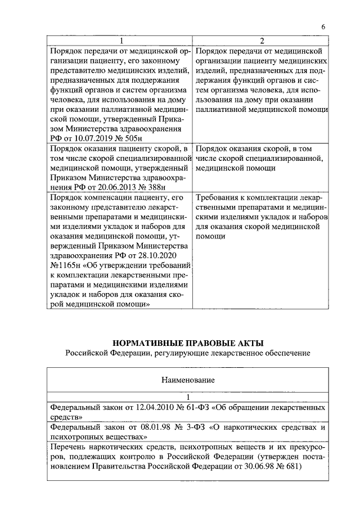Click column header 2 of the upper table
pos(260,41)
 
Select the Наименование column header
pos(188,380)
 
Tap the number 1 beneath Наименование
pos(188,397)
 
